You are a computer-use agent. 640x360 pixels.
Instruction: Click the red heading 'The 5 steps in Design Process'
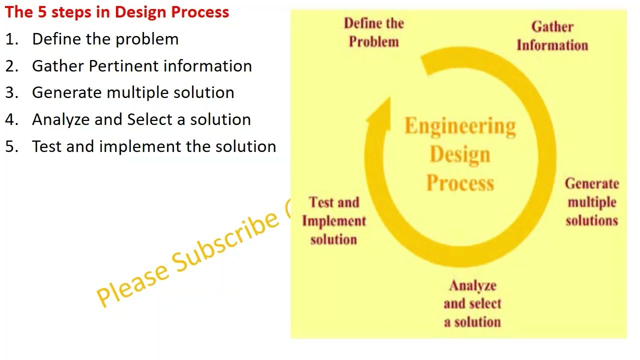pyautogui.click(x=117, y=12)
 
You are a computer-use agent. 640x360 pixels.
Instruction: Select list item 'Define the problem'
pyautogui.click(x=105, y=39)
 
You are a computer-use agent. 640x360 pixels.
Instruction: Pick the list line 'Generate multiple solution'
pyautogui.click(x=133, y=92)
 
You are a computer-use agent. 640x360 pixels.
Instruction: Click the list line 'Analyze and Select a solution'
pyautogui.click(x=141, y=119)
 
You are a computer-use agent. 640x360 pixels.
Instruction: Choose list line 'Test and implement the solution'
pyautogui.click(x=154, y=146)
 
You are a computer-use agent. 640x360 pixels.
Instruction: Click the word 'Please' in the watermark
pyautogui.click(x=132, y=282)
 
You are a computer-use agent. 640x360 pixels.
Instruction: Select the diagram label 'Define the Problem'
pyautogui.click(x=374, y=32)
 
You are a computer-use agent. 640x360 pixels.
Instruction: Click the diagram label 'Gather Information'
pyautogui.click(x=552, y=36)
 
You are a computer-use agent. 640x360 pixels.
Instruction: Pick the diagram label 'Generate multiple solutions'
pyautogui.click(x=591, y=202)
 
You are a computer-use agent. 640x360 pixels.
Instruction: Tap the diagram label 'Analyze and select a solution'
pyautogui.click(x=472, y=303)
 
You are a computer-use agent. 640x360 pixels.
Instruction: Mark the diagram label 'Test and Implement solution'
pyautogui.click(x=334, y=220)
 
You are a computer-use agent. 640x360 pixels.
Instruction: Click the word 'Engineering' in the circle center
pyautogui.click(x=460, y=126)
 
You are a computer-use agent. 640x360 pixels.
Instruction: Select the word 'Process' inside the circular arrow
pyautogui.click(x=460, y=183)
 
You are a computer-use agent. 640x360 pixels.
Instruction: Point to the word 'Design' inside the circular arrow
pyautogui.click(x=460, y=155)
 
